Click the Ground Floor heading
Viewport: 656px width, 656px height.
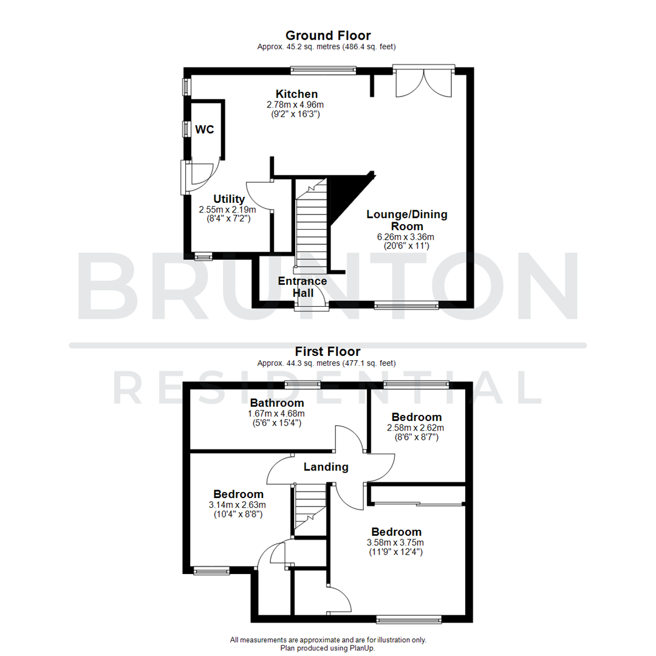pos(328,36)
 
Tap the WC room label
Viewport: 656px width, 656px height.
pos(205,129)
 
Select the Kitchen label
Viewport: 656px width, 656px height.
pos(296,94)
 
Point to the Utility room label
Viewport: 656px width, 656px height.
pos(229,199)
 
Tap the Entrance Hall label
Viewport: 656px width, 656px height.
pos(302,287)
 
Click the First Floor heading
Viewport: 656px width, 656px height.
pos(327,352)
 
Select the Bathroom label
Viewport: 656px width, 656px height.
pos(277,403)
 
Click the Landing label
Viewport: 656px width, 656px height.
pos(326,467)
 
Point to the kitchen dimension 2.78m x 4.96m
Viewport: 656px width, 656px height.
pos(296,104)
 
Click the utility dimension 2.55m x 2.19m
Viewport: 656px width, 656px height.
pos(228,210)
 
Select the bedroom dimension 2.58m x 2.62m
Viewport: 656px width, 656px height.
pos(416,428)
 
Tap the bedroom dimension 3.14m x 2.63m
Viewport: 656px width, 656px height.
pos(238,505)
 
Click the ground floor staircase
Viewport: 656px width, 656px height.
pos(311,225)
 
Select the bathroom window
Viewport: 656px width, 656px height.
pos(303,383)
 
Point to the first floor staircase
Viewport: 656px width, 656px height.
pos(310,509)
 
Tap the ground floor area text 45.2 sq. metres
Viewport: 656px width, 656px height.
pos(328,47)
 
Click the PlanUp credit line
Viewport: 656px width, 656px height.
pos(328,648)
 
